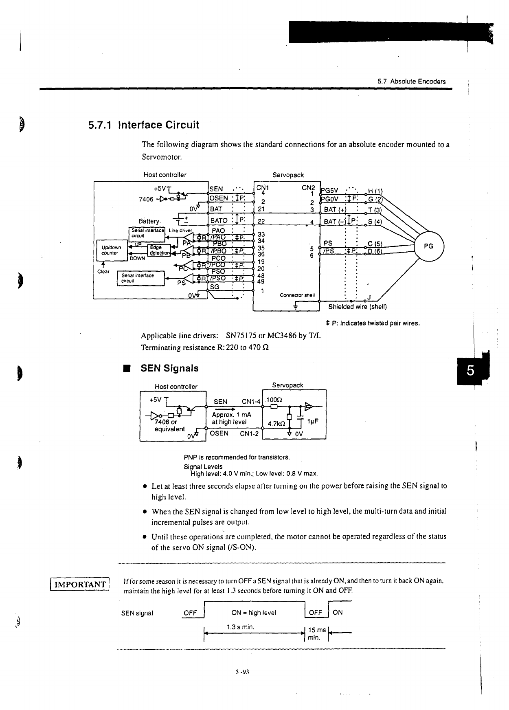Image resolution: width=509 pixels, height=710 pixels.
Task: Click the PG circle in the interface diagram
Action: pyautogui.click(x=429, y=246)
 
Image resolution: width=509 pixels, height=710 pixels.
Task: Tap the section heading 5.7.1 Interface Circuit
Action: pyautogui.click(x=144, y=125)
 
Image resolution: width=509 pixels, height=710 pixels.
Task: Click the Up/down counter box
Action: pyautogui.click(x=110, y=250)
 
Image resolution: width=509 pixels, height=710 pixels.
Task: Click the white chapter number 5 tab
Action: pyautogui.click(x=470, y=371)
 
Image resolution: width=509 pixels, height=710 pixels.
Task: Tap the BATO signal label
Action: pyautogui.click(x=219, y=220)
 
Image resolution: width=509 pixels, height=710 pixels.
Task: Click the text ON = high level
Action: pyautogui.click(x=253, y=613)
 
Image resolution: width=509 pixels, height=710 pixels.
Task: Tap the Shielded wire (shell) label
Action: pyautogui.click(x=357, y=307)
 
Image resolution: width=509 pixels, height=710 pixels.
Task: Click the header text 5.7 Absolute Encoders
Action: pyautogui.click(x=411, y=81)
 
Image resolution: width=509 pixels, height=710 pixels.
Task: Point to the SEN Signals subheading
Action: pyautogui.click(x=169, y=368)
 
